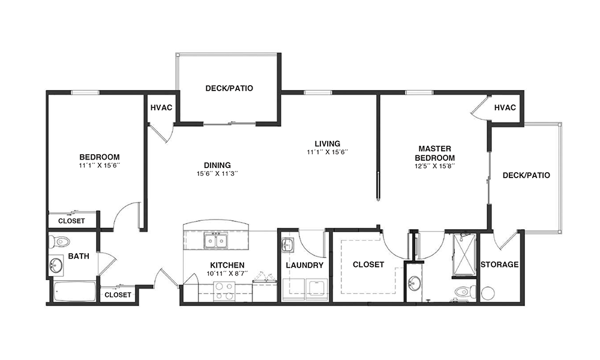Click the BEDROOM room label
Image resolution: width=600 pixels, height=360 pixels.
click(100, 157)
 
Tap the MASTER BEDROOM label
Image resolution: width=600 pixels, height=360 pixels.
click(434, 153)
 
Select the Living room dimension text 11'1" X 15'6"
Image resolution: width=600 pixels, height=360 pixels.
click(327, 152)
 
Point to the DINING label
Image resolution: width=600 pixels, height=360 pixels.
click(217, 165)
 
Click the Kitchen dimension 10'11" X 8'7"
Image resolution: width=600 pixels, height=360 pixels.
click(227, 273)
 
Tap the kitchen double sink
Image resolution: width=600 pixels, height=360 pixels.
click(216, 241)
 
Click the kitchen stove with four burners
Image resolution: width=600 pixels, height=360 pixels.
click(224, 291)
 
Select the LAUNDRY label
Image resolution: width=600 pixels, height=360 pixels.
click(305, 265)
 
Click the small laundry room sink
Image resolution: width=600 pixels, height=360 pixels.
click(287, 245)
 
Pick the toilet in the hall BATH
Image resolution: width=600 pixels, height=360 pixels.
click(59, 242)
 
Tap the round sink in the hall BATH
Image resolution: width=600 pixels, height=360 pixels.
click(56, 265)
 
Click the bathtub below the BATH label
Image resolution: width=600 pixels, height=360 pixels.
click(74, 292)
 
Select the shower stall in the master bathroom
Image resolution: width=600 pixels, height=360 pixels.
click(464, 255)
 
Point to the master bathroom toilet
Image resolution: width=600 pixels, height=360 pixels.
click(465, 292)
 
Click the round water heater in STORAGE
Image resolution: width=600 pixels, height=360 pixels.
click(488, 293)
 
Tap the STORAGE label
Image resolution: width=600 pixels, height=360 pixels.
click(499, 265)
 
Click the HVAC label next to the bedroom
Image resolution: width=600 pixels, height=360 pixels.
click(161, 108)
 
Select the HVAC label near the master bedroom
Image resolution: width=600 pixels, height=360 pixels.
click(505, 108)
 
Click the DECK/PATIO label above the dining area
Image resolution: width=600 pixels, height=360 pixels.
click(229, 88)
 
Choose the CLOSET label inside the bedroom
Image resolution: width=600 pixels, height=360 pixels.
click(71, 221)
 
